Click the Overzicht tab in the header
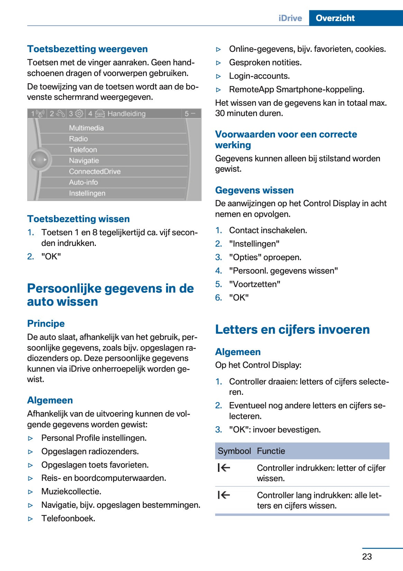(335, 18)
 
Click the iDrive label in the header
(290, 18)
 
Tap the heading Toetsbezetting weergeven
(88, 49)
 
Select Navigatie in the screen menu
(84, 161)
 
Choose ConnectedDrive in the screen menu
(95, 171)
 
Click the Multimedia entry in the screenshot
(86, 128)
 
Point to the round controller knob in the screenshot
(40, 160)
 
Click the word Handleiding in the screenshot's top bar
(127, 114)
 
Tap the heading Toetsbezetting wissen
(79, 219)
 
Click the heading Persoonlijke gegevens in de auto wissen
(110, 295)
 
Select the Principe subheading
(46, 324)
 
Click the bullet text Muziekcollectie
(71, 492)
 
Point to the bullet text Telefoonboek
(68, 518)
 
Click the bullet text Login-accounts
(259, 76)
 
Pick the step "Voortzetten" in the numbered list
(255, 284)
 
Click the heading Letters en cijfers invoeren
(292, 330)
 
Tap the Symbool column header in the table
(234, 451)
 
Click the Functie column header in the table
(271, 451)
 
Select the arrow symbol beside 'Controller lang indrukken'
(224, 495)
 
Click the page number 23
(367, 556)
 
